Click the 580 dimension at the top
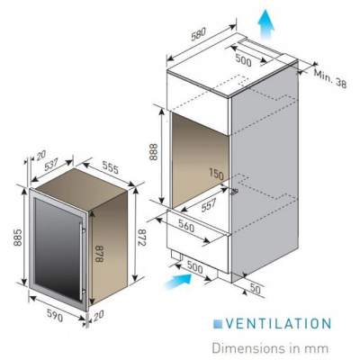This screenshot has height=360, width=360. (x=199, y=34)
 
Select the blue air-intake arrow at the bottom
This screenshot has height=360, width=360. (x=178, y=281)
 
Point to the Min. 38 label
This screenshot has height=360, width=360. (x=330, y=78)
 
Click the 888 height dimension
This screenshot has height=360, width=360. (x=153, y=152)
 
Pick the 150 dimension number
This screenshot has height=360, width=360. (x=216, y=175)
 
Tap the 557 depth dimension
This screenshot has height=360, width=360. (x=209, y=205)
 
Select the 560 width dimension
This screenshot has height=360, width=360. (x=186, y=226)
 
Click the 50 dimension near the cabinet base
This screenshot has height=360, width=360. (x=256, y=289)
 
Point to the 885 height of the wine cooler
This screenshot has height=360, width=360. (x=18, y=238)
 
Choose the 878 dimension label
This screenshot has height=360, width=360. (x=99, y=254)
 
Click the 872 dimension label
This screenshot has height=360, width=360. (x=141, y=238)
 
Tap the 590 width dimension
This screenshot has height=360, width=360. (x=55, y=315)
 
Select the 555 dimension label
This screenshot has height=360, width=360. (x=111, y=167)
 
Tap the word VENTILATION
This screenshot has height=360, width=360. (x=278, y=324)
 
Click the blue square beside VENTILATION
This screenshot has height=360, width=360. (x=218, y=324)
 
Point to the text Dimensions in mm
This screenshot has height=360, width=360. (x=270, y=348)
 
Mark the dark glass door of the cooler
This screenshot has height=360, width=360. (x=58, y=247)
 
